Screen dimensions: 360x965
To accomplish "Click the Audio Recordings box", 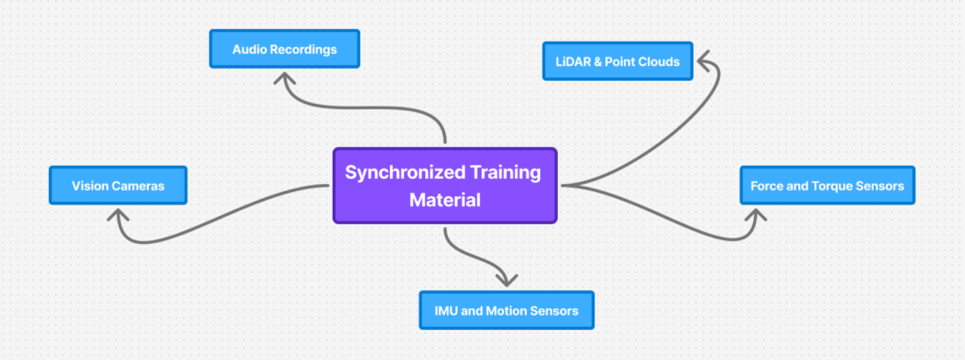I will click(285, 49).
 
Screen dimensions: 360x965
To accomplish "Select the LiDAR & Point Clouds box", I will click(617, 61).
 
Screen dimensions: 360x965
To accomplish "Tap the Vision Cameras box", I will click(118, 186).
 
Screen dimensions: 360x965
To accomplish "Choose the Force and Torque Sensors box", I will click(826, 186).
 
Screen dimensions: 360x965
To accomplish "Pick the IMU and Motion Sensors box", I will click(506, 309).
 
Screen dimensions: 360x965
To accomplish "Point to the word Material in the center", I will click(445, 200).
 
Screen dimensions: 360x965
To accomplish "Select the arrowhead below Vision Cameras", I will click(117, 216).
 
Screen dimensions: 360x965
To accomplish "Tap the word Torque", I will click(826, 186).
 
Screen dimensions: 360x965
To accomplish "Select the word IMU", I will click(448, 309).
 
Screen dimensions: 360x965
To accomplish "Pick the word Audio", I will click(250, 49).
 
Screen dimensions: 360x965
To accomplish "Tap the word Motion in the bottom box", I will click(507, 309).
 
